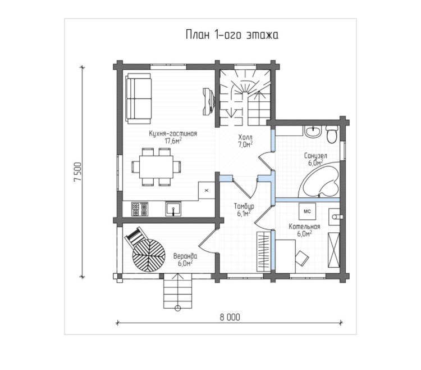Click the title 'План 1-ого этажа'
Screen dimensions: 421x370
(x=232, y=35)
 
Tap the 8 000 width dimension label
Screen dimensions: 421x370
(x=230, y=317)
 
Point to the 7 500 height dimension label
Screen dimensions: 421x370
(x=77, y=172)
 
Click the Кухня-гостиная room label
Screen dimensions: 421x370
(x=173, y=137)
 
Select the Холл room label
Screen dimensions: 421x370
(x=245, y=141)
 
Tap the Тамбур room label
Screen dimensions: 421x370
(x=244, y=210)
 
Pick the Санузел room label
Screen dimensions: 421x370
(x=315, y=159)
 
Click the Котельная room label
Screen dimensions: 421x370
(x=304, y=230)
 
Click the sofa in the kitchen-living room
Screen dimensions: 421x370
(x=138, y=98)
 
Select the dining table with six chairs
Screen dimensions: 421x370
(x=156, y=166)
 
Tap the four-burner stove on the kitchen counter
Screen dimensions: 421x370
(x=140, y=209)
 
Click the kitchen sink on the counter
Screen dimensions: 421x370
(x=173, y=209)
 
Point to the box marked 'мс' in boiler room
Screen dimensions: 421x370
(x=308, y=211)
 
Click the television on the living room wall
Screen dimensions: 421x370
(x=209, y=101)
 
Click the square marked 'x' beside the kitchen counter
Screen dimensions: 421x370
(x=207, y=191)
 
